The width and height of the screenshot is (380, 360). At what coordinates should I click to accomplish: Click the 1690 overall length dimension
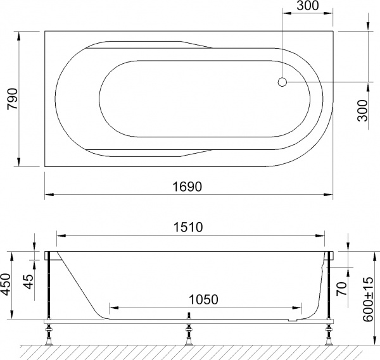click(x=189, y=187)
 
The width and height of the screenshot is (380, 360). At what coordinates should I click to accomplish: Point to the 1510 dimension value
click(x=189, y=228)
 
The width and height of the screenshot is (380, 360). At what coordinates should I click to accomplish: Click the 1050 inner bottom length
click(x=203, y=299)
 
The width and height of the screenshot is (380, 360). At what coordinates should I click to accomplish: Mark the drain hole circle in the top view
click(x=282, y=82)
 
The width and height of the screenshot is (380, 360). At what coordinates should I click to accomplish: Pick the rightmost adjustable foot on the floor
click(x=329, y=333)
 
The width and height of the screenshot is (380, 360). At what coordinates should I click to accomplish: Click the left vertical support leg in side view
click(x=48, y=288)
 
